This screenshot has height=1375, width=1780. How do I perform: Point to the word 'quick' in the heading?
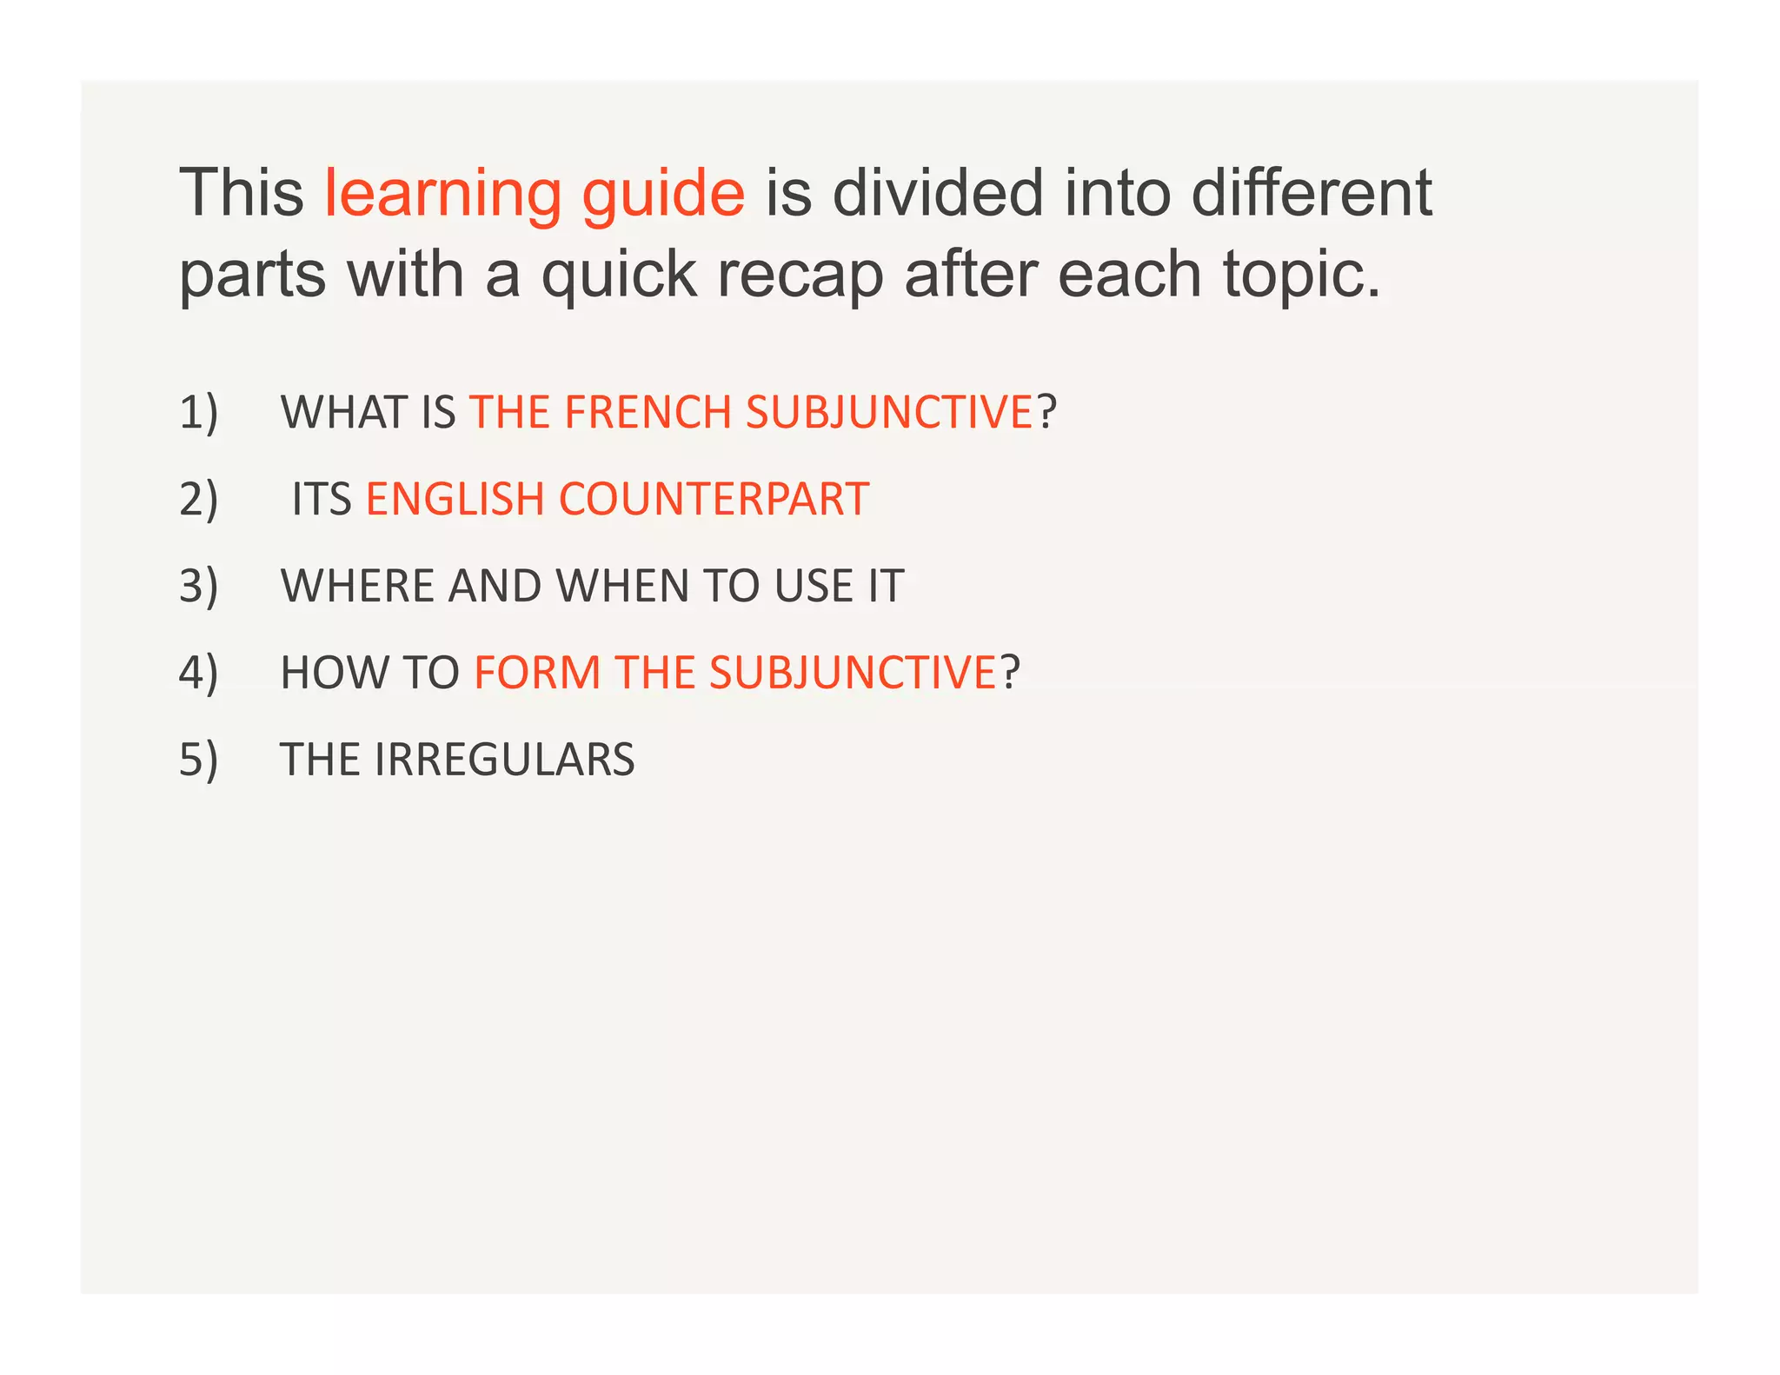point(619,276)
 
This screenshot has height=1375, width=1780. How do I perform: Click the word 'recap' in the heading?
point(800,276)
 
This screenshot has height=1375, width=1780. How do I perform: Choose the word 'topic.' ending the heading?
point(1301,276)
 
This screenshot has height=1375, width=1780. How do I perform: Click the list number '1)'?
point(199,412)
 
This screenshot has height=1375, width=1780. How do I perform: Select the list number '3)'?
point(199,586)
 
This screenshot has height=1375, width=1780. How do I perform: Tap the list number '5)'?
point(199,760)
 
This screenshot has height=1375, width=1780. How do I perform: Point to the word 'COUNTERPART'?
point(714,499)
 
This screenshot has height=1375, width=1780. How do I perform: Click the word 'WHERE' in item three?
point(356,586)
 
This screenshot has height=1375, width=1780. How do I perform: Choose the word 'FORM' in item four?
point(537,673)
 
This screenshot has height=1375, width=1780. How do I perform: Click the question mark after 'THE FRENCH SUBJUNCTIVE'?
point(1046,412)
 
